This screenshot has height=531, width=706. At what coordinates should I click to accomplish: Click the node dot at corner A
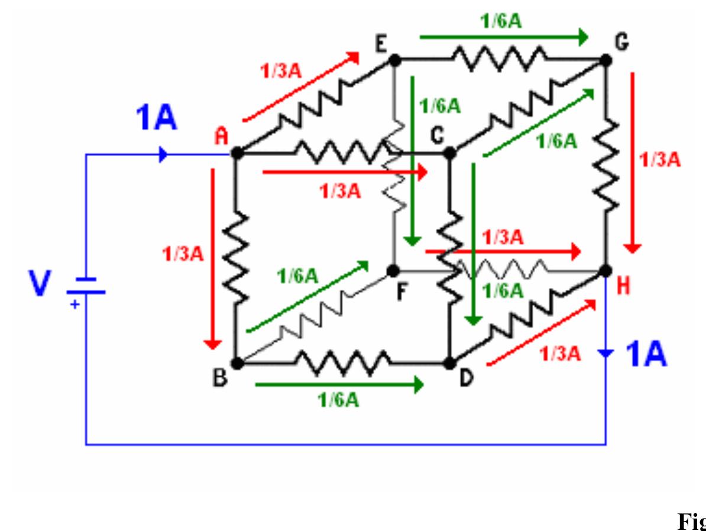[x=237, y=153]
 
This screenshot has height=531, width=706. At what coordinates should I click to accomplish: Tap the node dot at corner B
[x=237, y=363]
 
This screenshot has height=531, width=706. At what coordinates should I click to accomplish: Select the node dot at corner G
[x=605, y=60]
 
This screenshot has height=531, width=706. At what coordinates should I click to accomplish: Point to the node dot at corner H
[x=605, y=271]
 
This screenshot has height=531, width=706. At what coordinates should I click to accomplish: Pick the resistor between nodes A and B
[x=237, y=258]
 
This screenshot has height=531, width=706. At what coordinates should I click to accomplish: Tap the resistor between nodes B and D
[x=343, y=362]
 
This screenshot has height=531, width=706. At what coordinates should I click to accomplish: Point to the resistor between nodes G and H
[x=605, y=166]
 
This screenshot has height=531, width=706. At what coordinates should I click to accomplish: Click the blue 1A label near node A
[x=156, y=118]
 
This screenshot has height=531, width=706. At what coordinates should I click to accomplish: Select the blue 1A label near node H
[x=646, y=355]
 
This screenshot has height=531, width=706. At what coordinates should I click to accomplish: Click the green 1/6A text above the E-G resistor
[x=500, y=21]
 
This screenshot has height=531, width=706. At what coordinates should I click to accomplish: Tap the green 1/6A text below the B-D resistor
[x=339, y=400]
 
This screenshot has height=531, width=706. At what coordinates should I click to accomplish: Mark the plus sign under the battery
[x=75, y=305]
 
